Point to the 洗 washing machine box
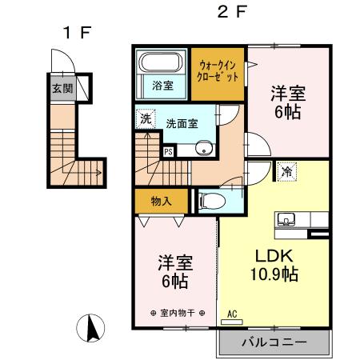click(145, 119)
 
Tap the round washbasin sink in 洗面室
click(202, 148)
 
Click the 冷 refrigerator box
click(286, 170)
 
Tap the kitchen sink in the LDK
click(286, 218)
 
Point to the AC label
click(234, 314)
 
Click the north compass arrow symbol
click(92, 328)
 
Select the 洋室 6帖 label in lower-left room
click(174, 271)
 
